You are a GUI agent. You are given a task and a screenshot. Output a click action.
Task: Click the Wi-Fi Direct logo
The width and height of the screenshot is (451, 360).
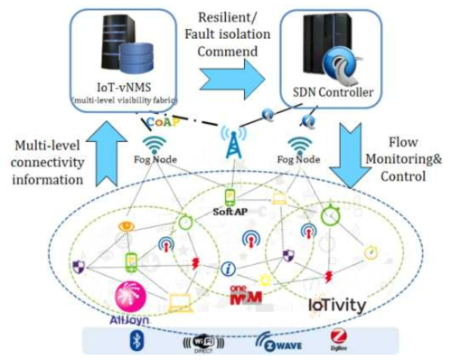pos(202,342)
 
